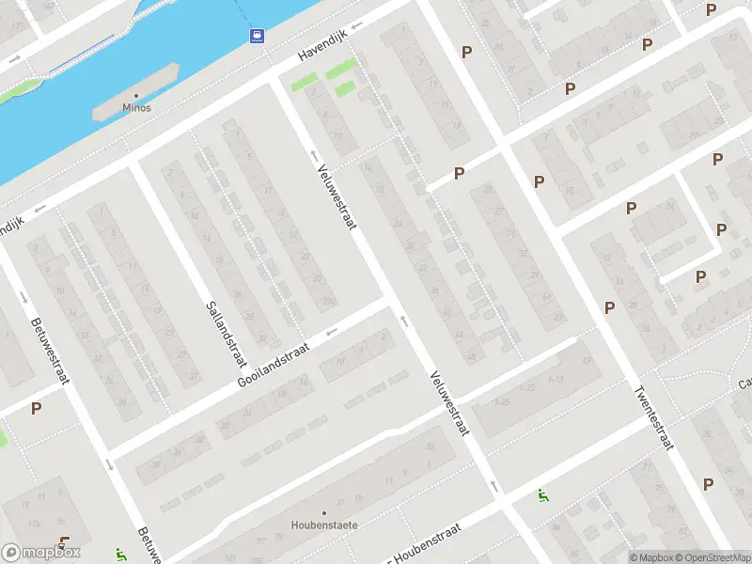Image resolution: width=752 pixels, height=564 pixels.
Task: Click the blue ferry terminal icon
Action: pos(257,36)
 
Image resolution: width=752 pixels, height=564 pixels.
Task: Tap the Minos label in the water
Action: pos(136,108)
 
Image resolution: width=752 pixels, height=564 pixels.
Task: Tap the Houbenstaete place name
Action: pos(324,525)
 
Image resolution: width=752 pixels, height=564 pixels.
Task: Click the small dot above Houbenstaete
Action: pos(324,512)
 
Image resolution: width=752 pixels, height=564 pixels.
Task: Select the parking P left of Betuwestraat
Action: pos(36,408)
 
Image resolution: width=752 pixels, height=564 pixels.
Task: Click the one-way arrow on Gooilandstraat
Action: pos(330,332)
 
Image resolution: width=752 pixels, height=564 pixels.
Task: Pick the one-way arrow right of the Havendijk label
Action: pos(357,26)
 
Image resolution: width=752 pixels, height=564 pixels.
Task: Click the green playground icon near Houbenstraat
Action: pos(541,494)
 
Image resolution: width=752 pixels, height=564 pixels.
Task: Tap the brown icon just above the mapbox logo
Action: pos(64,541)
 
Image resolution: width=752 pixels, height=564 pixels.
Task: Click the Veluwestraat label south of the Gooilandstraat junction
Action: pos(448,402)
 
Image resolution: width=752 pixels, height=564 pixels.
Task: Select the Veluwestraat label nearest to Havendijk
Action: pos(335,186)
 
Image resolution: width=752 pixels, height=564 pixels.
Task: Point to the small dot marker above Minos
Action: pos(136,96)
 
